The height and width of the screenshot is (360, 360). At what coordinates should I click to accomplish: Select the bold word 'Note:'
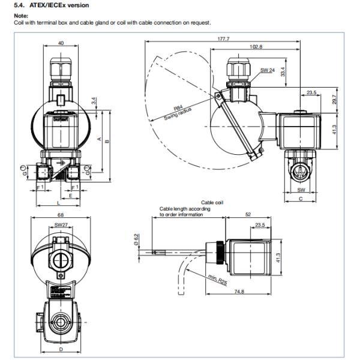(22, 17)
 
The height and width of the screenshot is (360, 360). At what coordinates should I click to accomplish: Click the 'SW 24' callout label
(268, 70)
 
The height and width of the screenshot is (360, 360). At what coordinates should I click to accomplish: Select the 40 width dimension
(61, 43)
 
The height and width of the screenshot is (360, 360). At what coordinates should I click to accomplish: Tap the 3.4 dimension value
(93, 101)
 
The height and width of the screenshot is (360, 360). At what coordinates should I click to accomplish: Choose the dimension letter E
(71, 196)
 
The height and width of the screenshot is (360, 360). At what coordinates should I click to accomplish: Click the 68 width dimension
(61, 215)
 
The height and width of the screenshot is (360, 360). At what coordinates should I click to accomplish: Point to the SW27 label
(61, 225)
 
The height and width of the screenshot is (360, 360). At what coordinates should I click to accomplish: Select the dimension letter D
(61, 347)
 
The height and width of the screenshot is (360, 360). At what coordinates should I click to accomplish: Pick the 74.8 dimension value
(239, 292)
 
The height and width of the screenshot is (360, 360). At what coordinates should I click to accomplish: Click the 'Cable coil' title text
(212, 203)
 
